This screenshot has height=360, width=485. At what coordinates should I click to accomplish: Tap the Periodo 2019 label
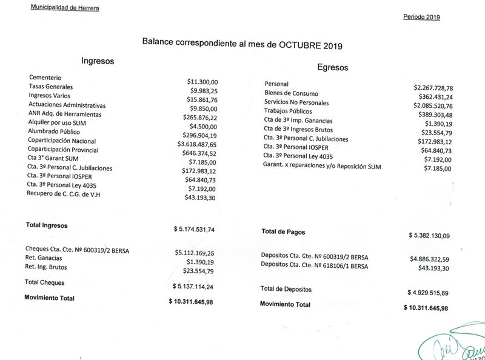[x=421, y=17]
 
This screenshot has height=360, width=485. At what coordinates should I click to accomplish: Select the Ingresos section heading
[x=98, y=61]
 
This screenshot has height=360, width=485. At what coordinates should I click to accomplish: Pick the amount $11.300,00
[x=202, y=81]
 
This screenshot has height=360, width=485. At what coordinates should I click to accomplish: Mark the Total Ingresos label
[x=47, y=225]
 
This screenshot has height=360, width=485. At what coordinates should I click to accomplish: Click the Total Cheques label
[x=44, y=282]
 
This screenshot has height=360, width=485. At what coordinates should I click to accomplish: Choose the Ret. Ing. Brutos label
[x=46, y=267]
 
